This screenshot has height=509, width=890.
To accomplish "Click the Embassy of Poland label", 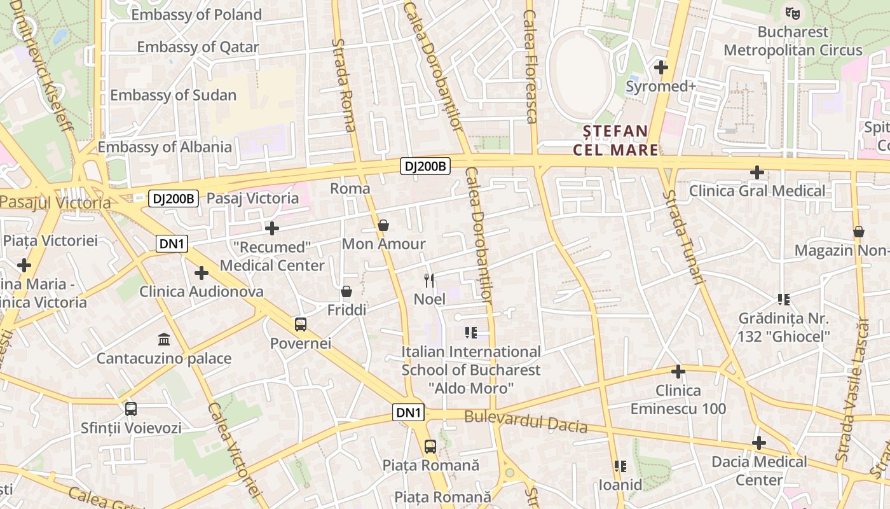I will point(196,15).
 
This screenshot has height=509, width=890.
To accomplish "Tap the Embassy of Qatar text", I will point(198,47).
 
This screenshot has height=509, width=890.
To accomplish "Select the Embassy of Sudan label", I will point(173,95).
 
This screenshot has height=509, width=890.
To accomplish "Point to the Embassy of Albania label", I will point(165,147).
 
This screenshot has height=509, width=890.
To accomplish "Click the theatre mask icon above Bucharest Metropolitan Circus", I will point(791,12).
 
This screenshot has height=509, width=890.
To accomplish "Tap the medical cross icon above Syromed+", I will point(661,67).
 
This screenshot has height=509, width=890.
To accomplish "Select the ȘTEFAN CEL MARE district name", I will point(616,141).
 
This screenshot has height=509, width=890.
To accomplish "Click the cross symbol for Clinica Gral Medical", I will point(756,172).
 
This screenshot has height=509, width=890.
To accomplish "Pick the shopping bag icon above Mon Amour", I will point(383,225).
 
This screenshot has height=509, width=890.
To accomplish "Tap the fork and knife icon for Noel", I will point(429,280).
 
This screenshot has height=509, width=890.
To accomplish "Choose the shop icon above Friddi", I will point(346,291).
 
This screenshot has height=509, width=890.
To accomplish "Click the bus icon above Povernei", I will point(301,324).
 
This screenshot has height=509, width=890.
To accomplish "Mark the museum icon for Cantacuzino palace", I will point(164,339).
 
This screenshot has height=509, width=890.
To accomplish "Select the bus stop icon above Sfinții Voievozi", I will point(131,409).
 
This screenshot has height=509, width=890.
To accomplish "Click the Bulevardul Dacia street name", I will point(526,422).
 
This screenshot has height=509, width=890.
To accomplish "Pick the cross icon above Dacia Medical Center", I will point(758,443).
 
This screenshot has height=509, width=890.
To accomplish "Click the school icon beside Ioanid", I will point(620,466).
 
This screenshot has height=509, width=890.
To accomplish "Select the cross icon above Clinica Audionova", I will point(202,273).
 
